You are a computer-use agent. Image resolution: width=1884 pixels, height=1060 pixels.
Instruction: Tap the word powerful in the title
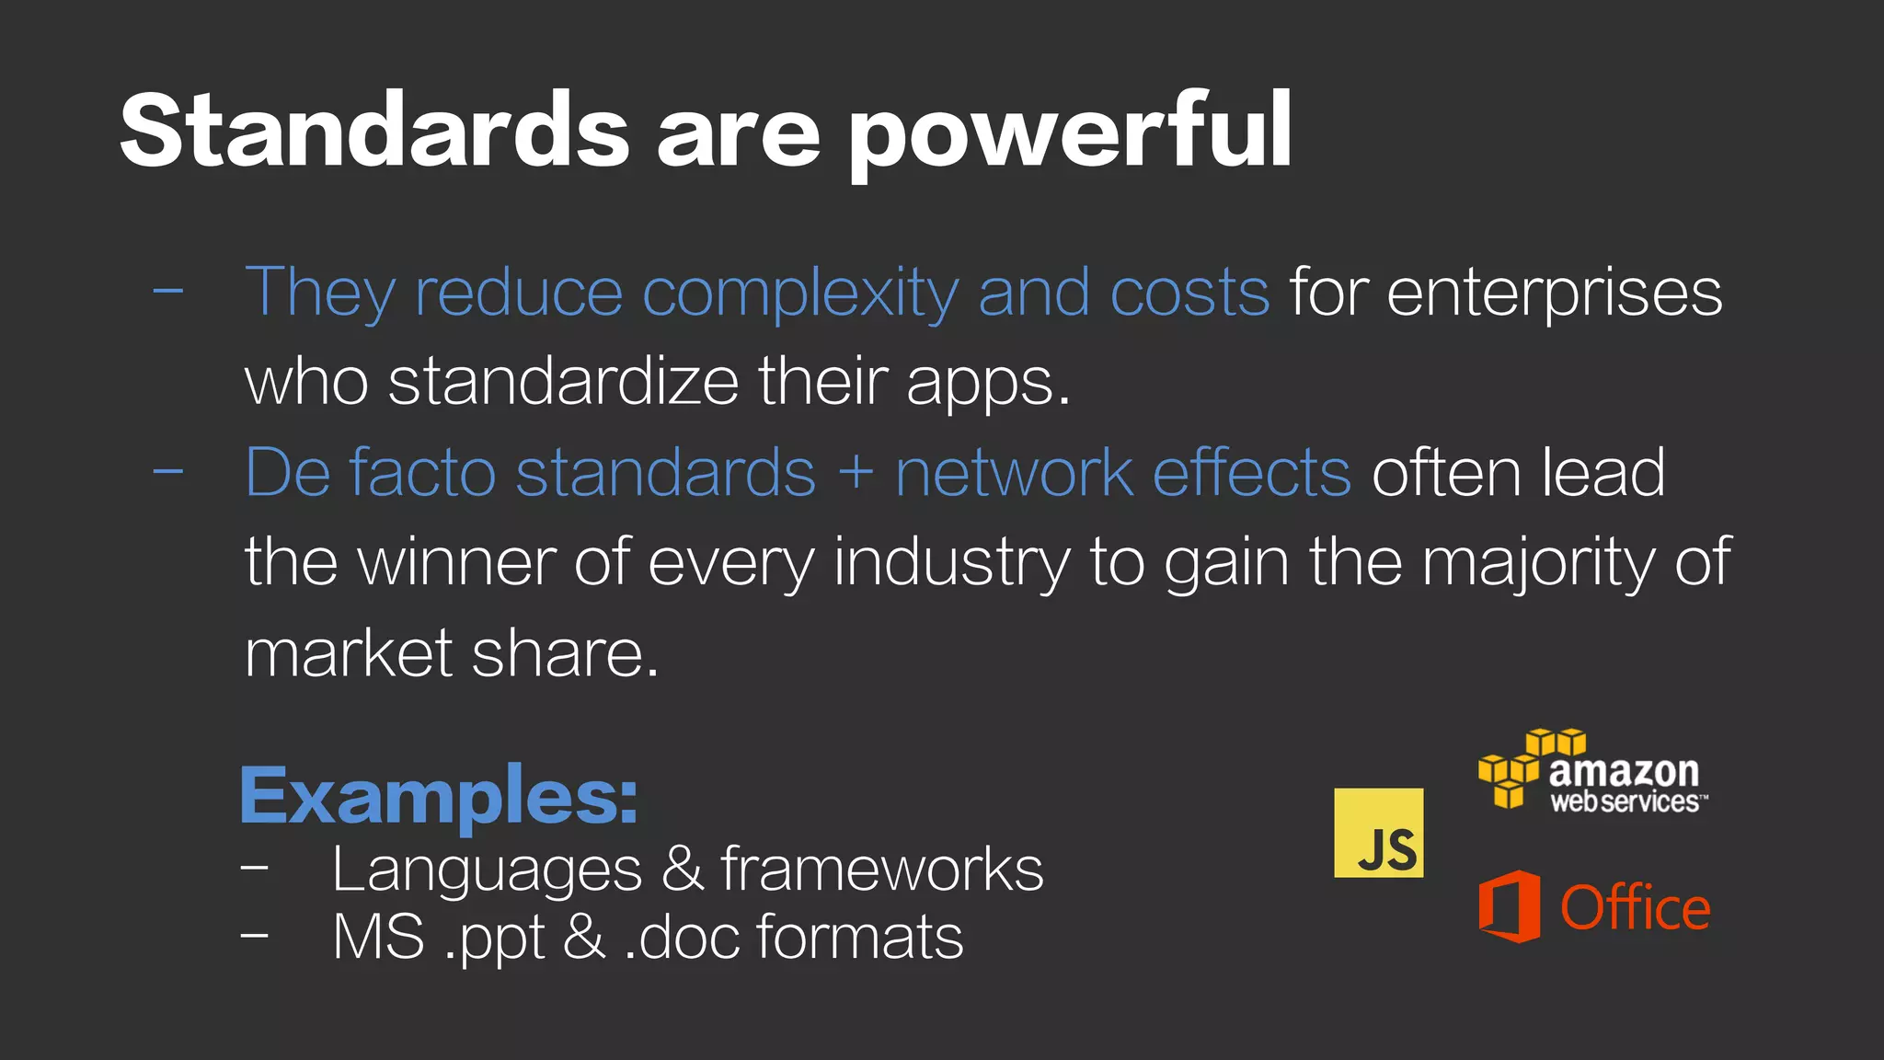[1070, 134]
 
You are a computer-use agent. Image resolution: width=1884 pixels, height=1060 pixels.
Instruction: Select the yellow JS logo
[1378, 833]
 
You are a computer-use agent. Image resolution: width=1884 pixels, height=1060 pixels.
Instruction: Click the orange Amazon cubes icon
[1531, 768]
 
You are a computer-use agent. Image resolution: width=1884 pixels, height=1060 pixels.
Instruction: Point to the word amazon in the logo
[1624, 771]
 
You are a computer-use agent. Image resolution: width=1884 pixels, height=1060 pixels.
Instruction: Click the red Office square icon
[1510, 906]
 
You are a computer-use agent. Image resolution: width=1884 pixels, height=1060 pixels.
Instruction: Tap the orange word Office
[1635, 908]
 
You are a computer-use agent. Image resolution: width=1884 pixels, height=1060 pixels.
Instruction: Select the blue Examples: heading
[439, 797]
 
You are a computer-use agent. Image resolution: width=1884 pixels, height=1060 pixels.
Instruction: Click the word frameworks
[882, 869]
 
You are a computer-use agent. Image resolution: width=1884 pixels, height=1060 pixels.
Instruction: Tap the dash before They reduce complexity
[168, 292]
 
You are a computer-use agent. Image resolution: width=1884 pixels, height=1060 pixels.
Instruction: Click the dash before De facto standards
[168, 472]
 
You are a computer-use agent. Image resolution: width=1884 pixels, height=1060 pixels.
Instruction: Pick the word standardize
[564, 381]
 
